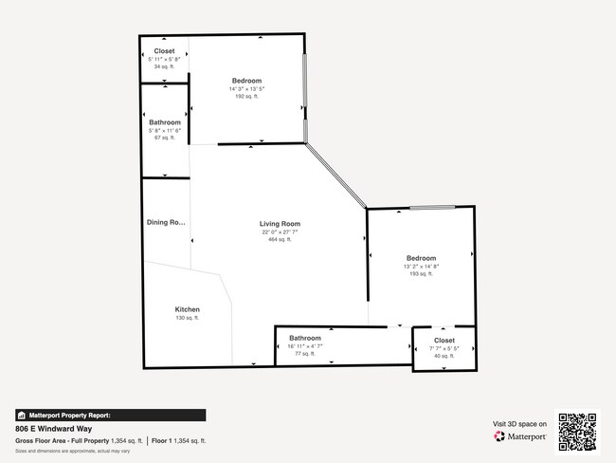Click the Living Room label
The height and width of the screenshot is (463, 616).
click(280, 224)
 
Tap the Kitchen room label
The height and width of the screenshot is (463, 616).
click(187, 309)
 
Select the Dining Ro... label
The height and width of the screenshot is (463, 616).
click(166, 223)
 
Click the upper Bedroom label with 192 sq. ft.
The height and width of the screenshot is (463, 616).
click(246, 81)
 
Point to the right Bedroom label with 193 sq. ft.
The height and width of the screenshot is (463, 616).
click(422, 258)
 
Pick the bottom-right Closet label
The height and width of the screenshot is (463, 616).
click(444, 340)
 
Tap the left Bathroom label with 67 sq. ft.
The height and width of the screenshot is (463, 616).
click(165, 122)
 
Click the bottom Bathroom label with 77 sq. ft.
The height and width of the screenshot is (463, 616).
click(305, 338)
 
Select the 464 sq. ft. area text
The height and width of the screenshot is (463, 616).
click(280, 239)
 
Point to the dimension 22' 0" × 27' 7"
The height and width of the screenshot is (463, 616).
click(280, 231)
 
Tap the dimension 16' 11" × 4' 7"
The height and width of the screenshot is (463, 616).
click(305, 345)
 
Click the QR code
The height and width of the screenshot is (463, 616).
click(577, 430)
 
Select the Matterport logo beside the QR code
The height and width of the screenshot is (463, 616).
click(520, 436)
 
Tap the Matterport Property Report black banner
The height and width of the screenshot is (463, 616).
click(110, 415)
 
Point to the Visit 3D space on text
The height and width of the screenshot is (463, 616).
click(519, 423)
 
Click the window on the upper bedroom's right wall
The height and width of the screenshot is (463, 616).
click(304, 95)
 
